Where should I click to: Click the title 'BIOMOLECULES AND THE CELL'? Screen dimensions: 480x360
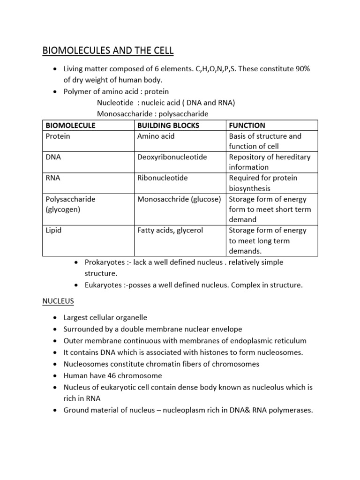tap(108, 50)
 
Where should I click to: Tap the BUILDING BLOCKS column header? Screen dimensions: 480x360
tap(168, 125)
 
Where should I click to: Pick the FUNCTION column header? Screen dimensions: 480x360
tap(247, 125)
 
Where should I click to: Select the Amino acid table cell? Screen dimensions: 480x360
tap(156, 136)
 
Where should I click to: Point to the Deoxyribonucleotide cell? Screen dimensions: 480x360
tap(172, 157)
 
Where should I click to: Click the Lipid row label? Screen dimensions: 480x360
tap(53, 230)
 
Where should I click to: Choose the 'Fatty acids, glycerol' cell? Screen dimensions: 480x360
tap(170, 230)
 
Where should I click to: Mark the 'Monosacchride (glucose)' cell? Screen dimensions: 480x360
tap(179, 199)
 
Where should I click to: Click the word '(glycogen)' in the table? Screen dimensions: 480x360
tap(63, 209)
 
